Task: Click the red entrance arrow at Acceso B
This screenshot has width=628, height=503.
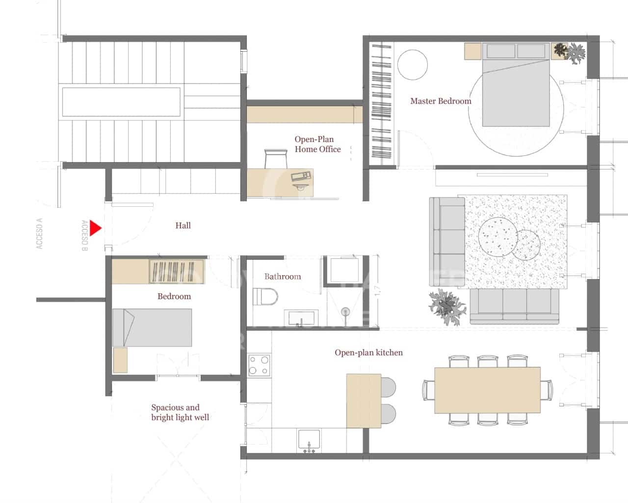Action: tap(95, 228)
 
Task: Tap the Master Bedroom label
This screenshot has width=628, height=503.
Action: tap(441, 101)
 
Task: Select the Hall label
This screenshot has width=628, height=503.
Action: tap(183, 225)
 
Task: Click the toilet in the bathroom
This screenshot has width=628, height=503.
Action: tap(265, 297)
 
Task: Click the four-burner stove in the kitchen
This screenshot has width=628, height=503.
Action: tap(259, 365)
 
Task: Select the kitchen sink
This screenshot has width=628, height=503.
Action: tap(309, 439)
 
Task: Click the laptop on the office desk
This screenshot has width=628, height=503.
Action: tap(301, 176)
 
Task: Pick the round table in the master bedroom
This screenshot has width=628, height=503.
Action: tap(412, 64)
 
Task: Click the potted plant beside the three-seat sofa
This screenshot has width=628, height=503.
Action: tap(445, 307)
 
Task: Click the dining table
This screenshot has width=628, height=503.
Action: tap(487, 390)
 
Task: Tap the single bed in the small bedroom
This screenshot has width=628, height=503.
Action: tap(152, 328)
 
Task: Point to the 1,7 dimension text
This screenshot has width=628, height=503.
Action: tap(377, 291)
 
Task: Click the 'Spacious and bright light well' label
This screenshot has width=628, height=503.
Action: tap(180, 413)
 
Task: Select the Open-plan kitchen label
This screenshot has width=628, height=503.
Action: tap(368, 353)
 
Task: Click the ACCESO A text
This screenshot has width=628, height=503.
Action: tap(40, 233)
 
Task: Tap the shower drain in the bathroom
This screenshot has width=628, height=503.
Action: tap(346, 311)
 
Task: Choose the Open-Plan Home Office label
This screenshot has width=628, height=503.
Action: tap(317, 144)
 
